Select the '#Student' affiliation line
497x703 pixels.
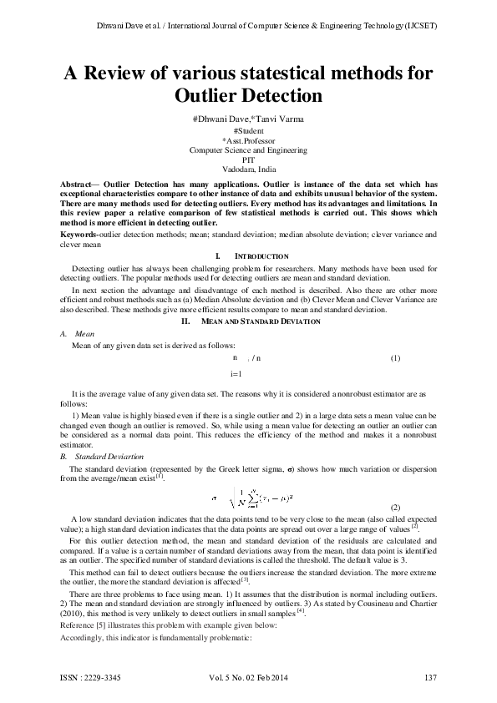point(248,131)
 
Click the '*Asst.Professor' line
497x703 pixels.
point(248,140)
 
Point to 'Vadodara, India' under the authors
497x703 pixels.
point(248,168)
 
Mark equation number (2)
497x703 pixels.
point(395,508)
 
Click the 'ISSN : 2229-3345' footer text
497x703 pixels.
point(90,676)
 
